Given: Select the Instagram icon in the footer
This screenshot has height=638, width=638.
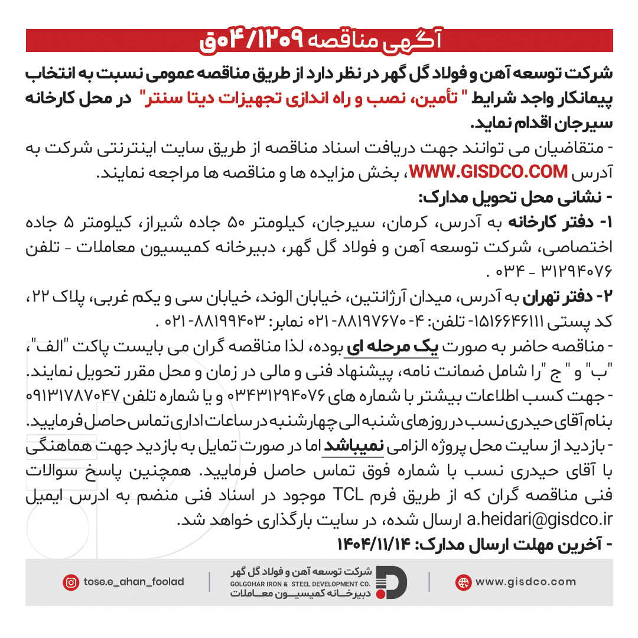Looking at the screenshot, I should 71,582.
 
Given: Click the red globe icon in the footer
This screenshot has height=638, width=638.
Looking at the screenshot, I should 463,582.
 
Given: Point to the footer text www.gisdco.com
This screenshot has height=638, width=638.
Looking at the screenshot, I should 525,582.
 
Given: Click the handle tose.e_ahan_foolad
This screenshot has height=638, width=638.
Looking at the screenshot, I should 134,582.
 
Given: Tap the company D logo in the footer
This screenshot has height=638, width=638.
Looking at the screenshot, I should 392,582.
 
